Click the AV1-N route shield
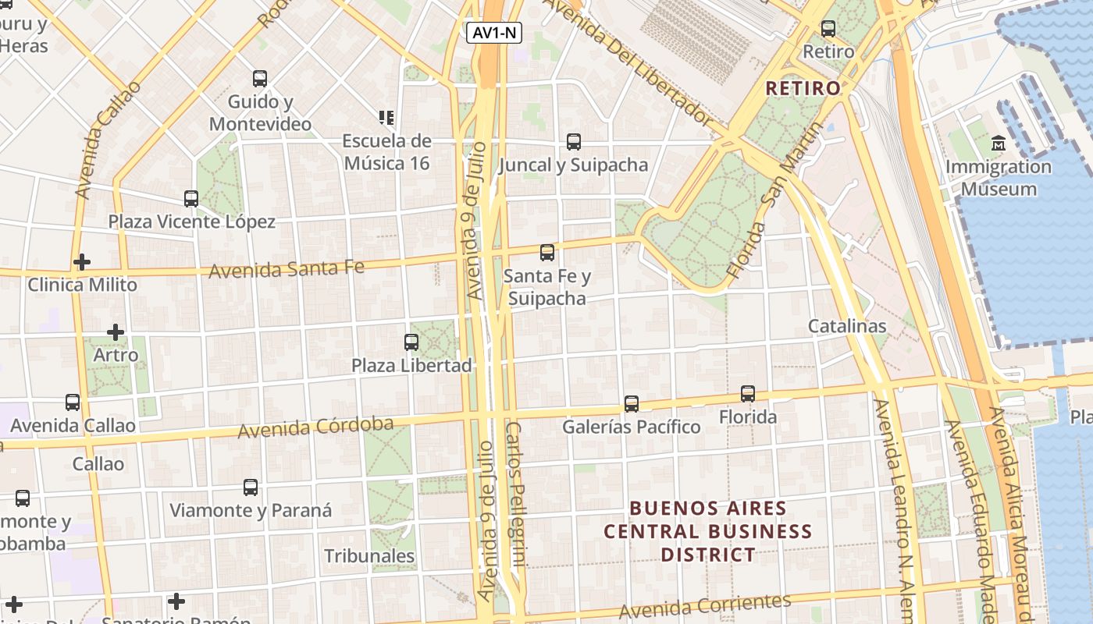(x=494, y=33)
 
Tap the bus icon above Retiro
(x=828, y=29)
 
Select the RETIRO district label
(x=803, y=88)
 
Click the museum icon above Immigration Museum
(x=999, y=144)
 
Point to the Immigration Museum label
(x=999, y=178)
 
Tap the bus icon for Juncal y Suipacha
(x=574, y=142)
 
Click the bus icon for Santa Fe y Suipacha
(x=547, y=253)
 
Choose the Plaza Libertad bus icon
(x=411, y=342)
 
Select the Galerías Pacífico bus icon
(x=632, y=404)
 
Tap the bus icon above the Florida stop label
(x=748, y=394)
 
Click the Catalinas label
(x=847, y=326)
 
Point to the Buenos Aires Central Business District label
(x=708, y=531)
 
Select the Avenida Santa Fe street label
(x=287, y=269)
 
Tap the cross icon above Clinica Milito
(x=82, y=262)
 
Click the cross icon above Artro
(x=116, y=332)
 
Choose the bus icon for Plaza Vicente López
(x=191, y=199)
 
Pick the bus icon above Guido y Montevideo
(x=260, y=79)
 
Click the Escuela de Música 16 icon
(x=386, y=118)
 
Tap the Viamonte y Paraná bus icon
(x=251, y=487)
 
